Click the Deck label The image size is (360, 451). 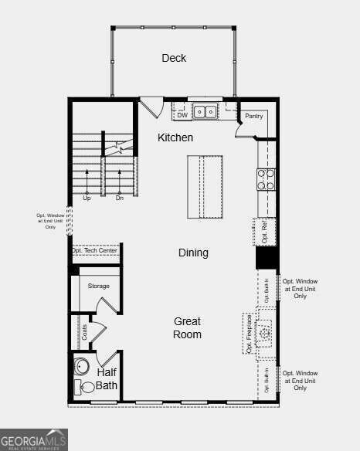(x=174, y=58)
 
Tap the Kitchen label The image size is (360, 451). (x=175, y=137)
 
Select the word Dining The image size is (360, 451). (x=193, y=253)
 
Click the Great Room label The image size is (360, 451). (x=187, y=327)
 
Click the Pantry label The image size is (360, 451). (x=254, y=116)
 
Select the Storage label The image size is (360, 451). (x=98, y=286)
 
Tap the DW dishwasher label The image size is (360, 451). (x=182, y=115)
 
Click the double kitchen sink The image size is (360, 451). (x=205, y=112)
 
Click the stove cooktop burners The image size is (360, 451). (x=267, y=179)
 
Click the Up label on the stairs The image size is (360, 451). (x=87, y=198)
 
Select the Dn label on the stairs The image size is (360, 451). (x=120, y=198)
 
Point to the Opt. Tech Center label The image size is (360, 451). (x=95, y=250)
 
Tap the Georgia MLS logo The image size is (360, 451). (x=34, y=439)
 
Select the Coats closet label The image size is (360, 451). (x=84, y=332)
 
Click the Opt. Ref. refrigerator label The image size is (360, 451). (x=264, y=231)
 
